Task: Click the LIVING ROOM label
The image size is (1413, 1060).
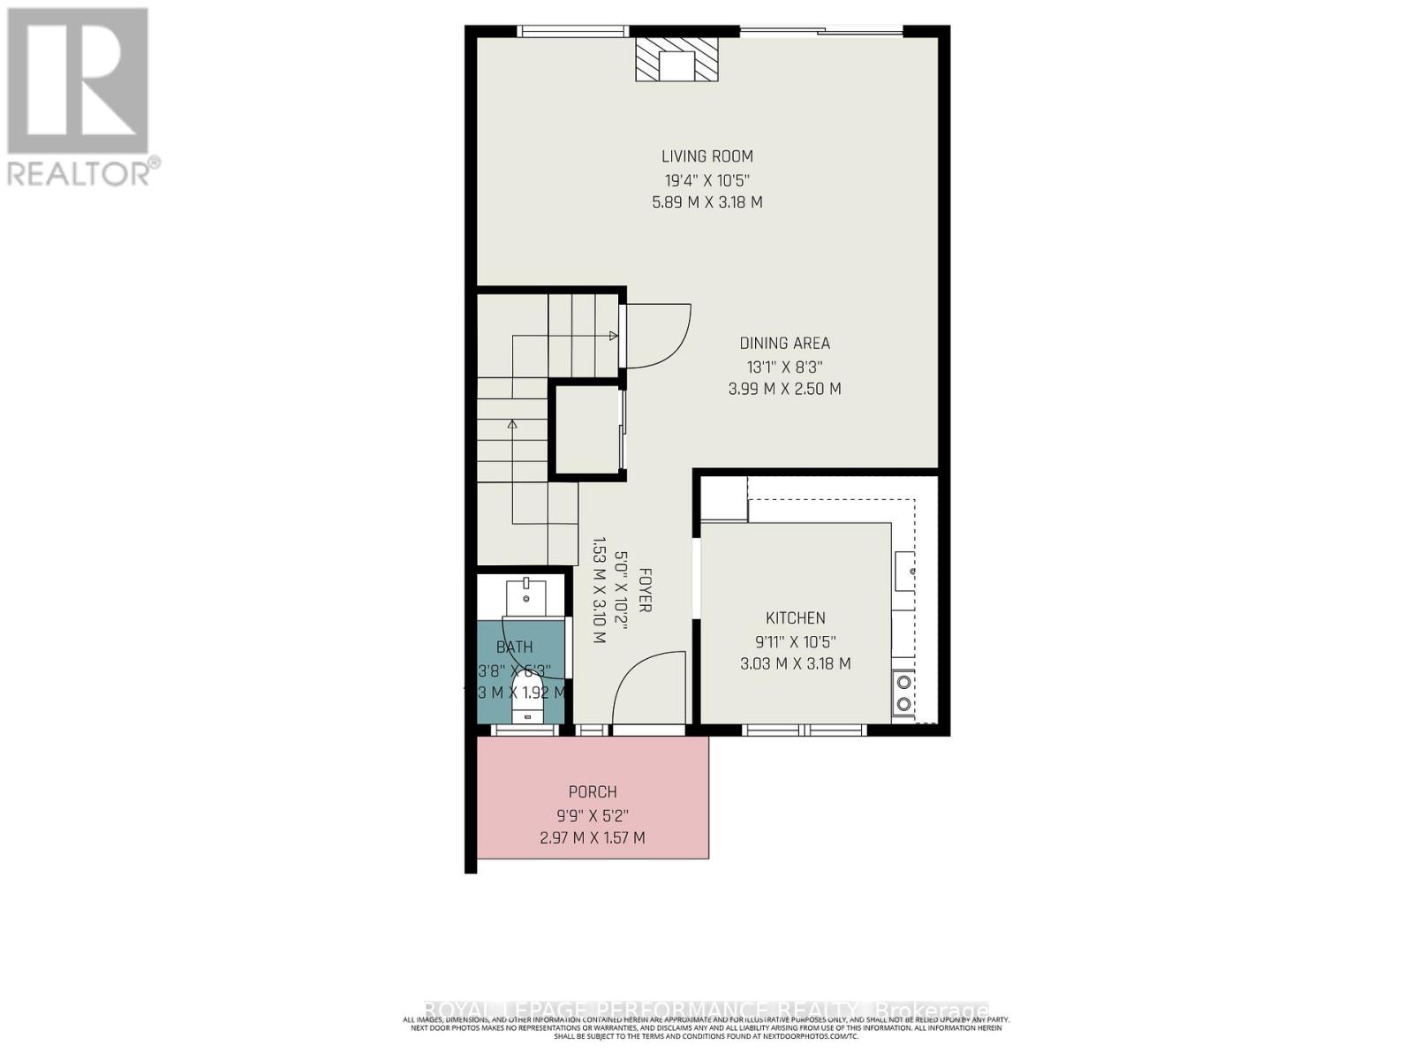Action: (707, 156)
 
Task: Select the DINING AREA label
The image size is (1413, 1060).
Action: (784, 344)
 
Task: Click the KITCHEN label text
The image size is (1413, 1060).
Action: (795, 618)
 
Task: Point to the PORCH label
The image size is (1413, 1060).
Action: (593, 792)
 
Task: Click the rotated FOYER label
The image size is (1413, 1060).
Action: (645, 591)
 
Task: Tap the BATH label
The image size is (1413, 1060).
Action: (514, 647)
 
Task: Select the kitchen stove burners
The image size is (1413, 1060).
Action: (903, 693)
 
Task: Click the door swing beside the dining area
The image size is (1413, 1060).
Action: (658, 336)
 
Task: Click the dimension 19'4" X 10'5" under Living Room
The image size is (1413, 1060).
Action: (707, 180)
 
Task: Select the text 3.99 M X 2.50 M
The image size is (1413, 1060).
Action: (784, 389)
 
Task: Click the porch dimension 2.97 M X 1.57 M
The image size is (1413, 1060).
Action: (593, 837)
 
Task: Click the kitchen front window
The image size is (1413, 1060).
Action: (804, 731)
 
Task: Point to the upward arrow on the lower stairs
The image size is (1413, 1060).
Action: (512, 425)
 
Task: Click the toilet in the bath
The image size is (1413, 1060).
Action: (528, 707)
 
